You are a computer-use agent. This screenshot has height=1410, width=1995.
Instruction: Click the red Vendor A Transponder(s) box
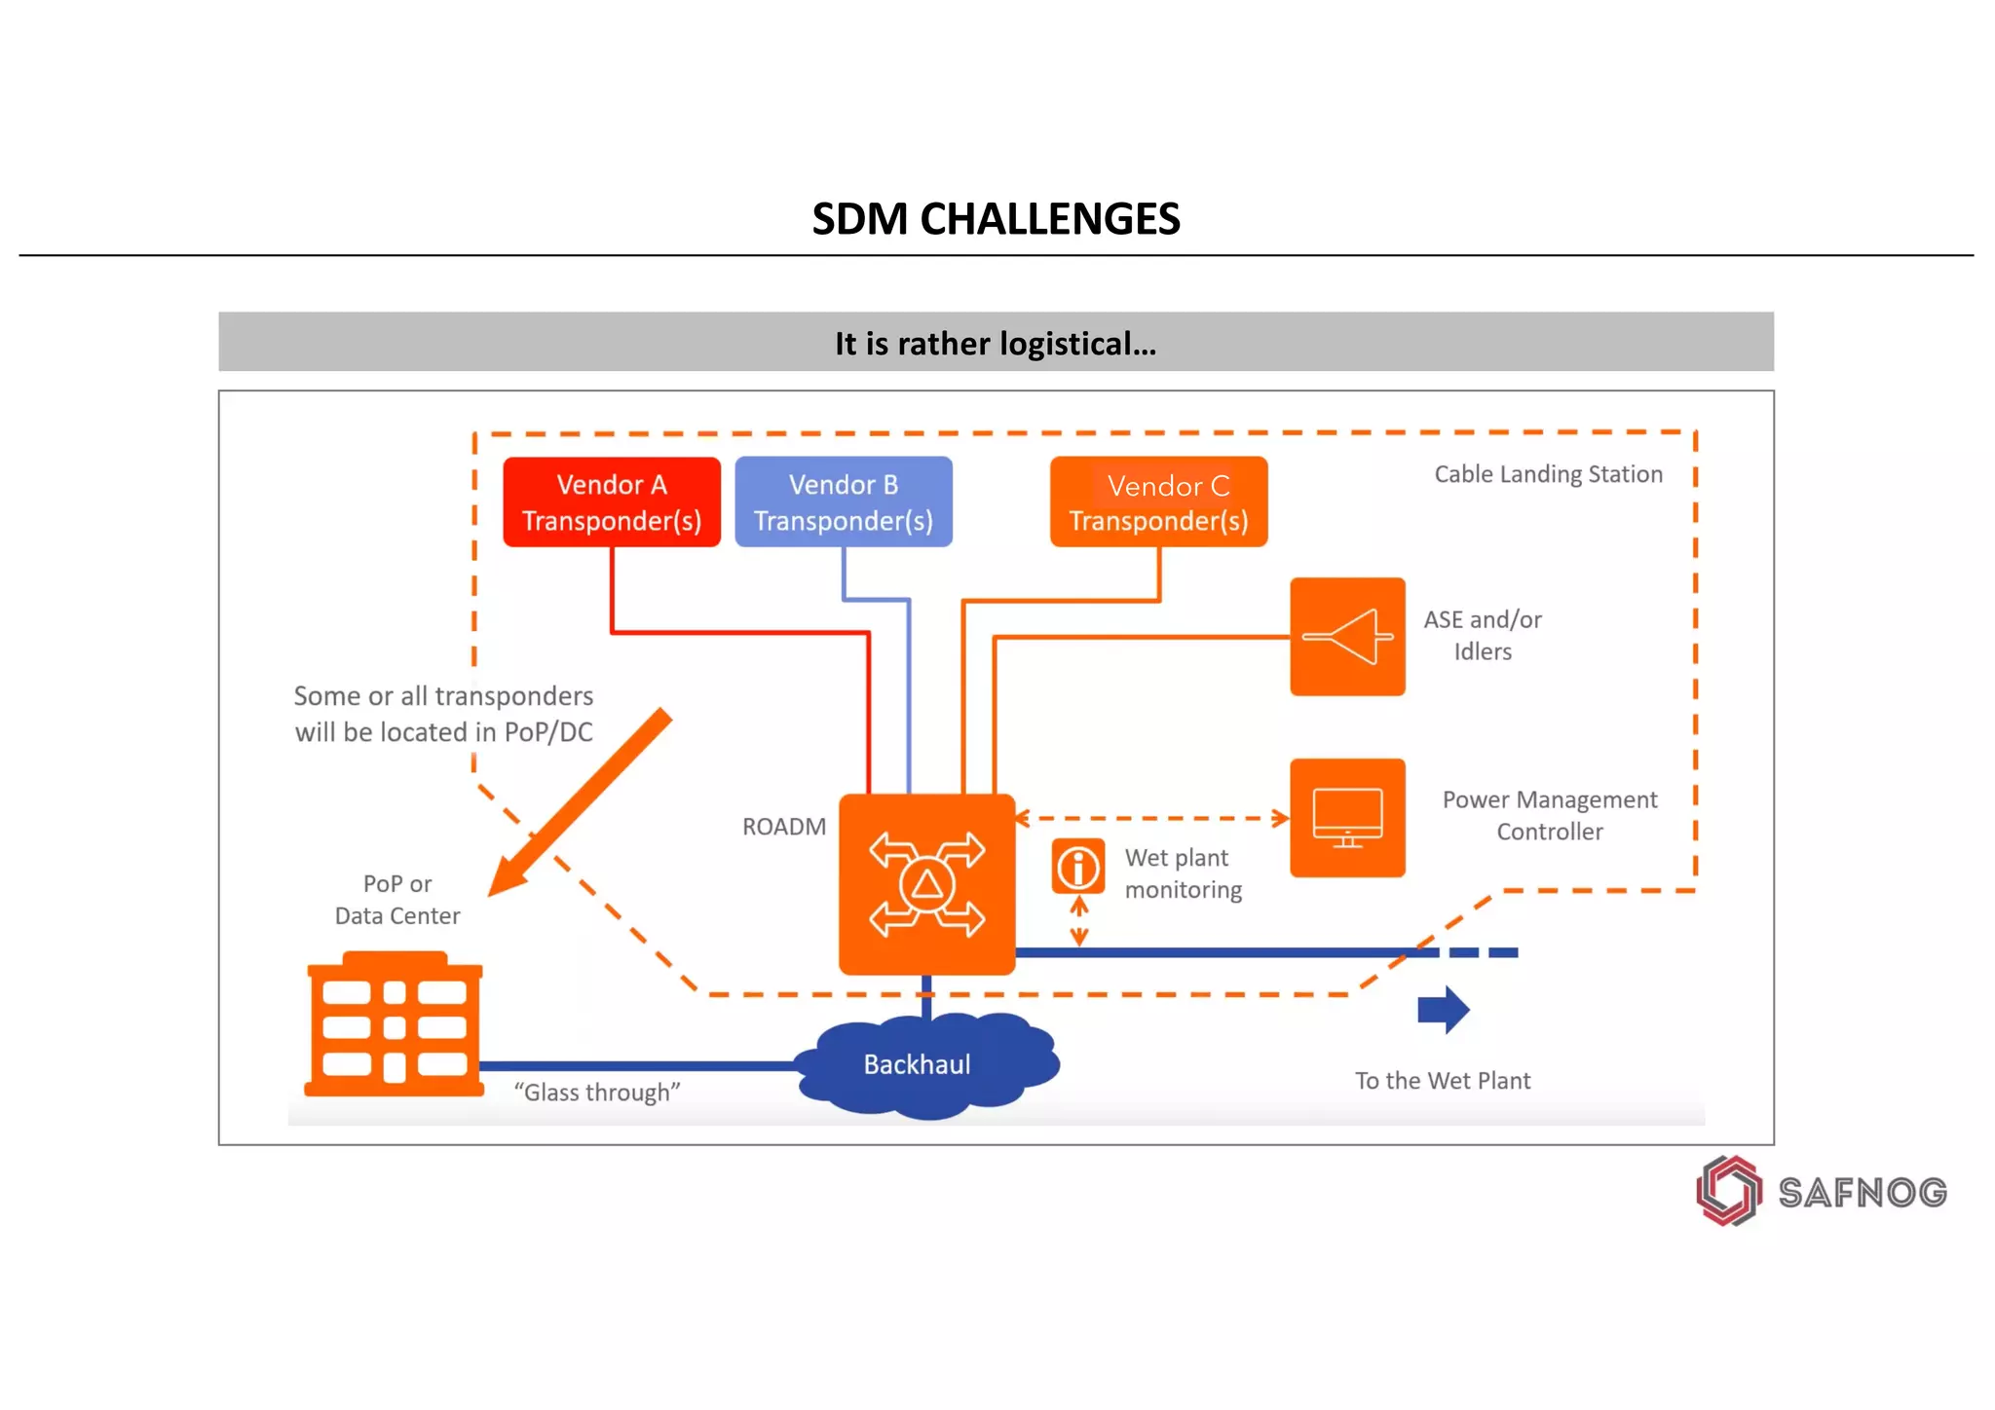(x=612, y=501)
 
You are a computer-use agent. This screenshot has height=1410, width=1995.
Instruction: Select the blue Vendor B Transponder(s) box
(x=844, y=501)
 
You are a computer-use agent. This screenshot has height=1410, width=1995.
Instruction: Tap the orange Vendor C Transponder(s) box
(x=1158, y=501)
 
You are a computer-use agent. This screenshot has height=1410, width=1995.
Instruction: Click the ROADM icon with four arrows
(x=926, y=884)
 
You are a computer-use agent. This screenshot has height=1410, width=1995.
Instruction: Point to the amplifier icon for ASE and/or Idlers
(x=1347, y=637)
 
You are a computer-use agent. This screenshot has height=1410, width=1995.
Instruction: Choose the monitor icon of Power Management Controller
(x=1347, y=818)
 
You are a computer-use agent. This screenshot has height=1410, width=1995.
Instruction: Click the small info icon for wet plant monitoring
(x=1078, y=867)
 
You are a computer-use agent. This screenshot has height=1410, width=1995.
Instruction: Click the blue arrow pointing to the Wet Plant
(x=1443, y=1010)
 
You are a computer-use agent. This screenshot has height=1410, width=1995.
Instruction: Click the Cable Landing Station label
(x=1548, y=474)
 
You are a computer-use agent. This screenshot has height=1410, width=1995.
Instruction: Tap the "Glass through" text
(x=597, y=1093)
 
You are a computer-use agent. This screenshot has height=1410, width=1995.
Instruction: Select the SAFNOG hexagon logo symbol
(x=1729, y=1190)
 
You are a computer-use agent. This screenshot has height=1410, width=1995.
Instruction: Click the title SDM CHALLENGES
(x=996, y=219)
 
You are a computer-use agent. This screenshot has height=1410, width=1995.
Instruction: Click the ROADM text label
(x=783, y=827)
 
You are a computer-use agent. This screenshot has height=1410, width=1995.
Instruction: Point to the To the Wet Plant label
(x=1443, y=1081)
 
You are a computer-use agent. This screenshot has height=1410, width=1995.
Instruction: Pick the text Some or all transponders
(x=443, y=696)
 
